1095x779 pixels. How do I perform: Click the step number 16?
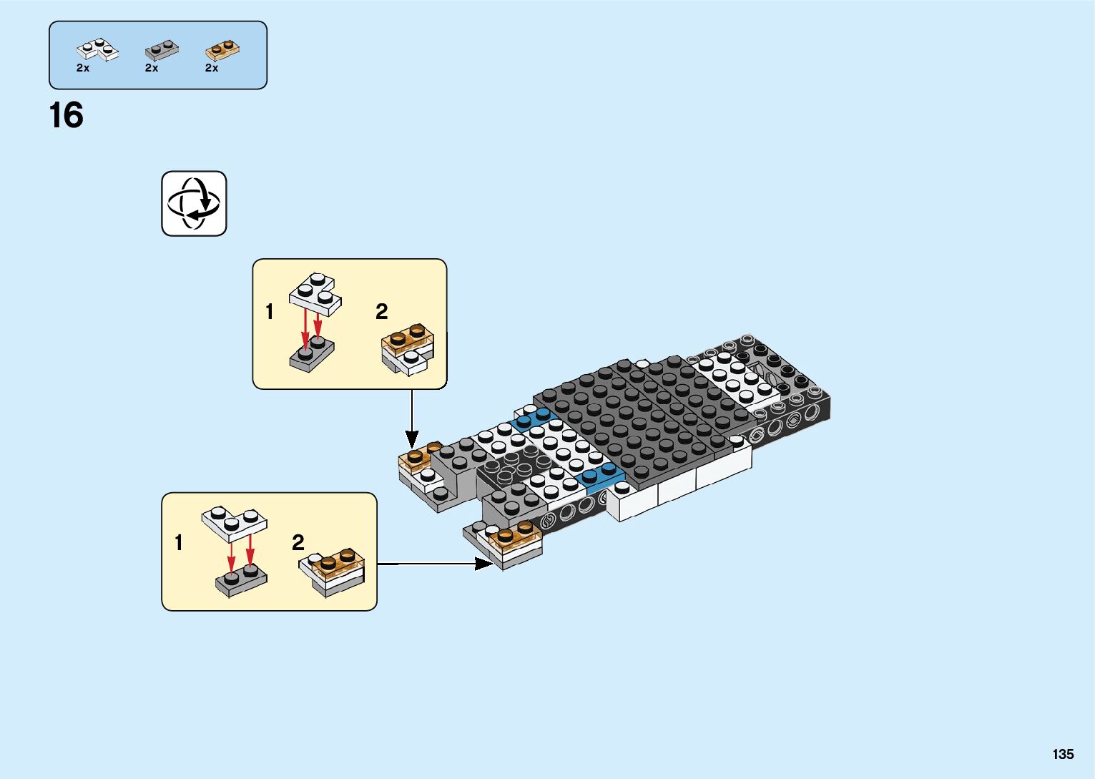tap(66, 116)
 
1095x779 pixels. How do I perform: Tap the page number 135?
tap(1063, 754)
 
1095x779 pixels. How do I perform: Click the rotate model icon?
tap(194, 204)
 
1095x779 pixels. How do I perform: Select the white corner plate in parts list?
tap(97, 50)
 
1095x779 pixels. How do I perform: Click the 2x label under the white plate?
tap(83, 68)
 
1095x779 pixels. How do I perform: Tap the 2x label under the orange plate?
tap(212, 68)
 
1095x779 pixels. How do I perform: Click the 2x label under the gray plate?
tap(152, 68)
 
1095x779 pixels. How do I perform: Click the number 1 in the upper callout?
tap(270, 312)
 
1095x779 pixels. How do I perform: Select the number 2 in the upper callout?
tap(381, 312)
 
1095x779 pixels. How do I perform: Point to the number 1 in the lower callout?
tap(179, 543)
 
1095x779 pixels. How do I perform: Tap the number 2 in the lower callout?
tap(298, 543)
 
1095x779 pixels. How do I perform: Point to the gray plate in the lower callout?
tap(241, 581)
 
